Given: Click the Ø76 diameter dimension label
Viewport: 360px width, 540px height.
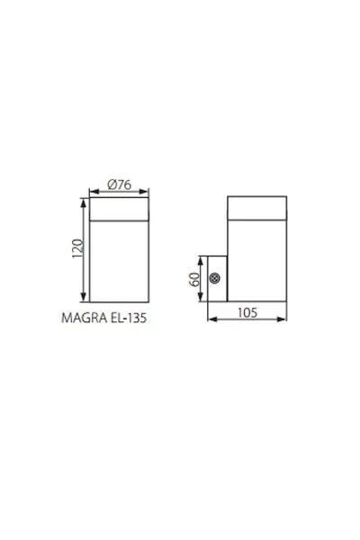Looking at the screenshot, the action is coord(119,184).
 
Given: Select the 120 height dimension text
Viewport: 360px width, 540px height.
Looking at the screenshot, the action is coord(78,248).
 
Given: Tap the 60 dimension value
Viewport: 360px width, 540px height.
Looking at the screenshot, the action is coord(194,279).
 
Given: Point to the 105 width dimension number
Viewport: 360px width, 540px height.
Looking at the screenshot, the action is coord(247,312).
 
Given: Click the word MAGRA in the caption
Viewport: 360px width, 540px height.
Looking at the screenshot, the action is coord(84,318).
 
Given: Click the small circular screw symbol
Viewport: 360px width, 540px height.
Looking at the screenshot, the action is coord(214,278).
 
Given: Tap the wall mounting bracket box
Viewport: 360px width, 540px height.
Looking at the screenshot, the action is coord(217,279).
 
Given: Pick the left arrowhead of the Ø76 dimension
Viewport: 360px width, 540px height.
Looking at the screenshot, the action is coord(94,192).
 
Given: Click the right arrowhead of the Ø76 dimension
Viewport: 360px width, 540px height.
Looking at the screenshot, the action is coord(145,192).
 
